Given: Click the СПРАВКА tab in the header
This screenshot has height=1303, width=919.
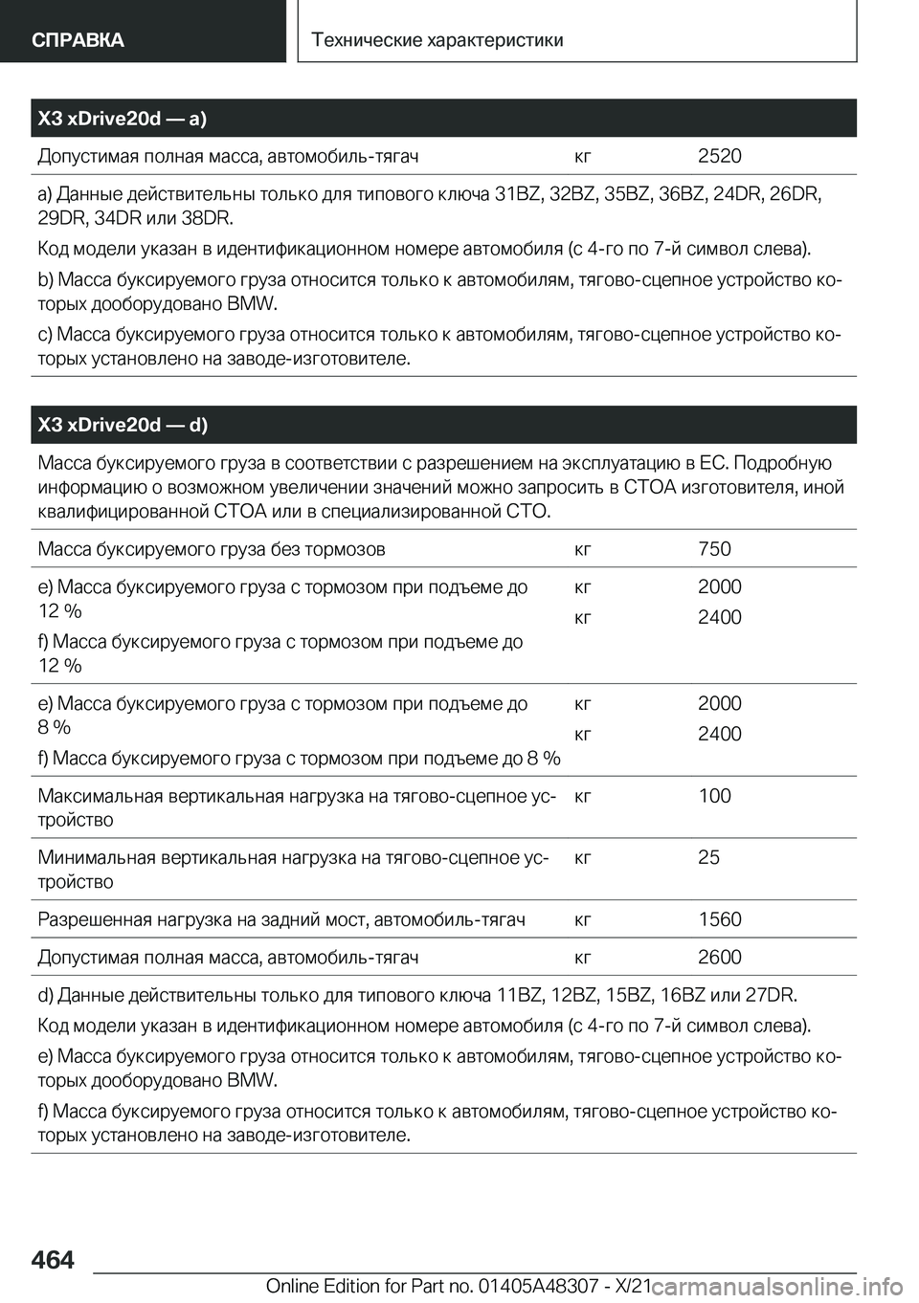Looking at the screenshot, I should [x=78, y=39].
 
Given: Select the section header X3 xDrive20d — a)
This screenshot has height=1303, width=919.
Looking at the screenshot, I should [x=123, y=119].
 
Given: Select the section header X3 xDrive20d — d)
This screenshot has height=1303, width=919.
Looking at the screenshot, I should [x=123, y=425].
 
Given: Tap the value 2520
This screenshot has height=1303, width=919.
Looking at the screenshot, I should [x=719, y=156].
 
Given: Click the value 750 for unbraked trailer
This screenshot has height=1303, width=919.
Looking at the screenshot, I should [x=714, y=549].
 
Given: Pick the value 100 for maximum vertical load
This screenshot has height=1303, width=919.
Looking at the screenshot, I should [x=714, y=796].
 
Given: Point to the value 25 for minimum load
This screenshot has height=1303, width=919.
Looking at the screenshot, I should [x=708, y=857].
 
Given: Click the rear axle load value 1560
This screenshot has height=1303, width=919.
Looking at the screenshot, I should [x=719, y=919].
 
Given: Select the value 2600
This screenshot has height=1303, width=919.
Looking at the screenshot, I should [x=719, y=957].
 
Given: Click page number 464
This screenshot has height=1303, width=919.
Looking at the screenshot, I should [x=55, y=1260].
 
